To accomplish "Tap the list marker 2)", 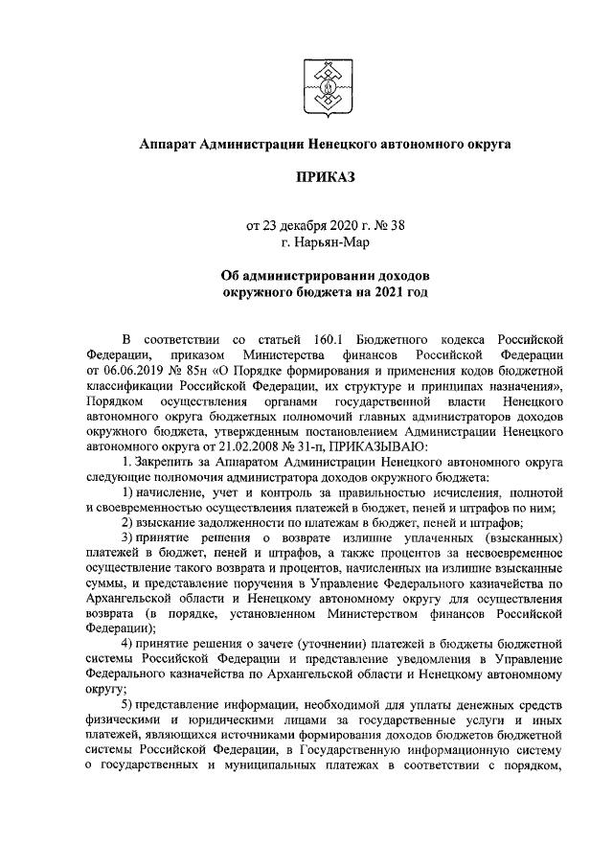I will pyautogui.click(x=129, y=522).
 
